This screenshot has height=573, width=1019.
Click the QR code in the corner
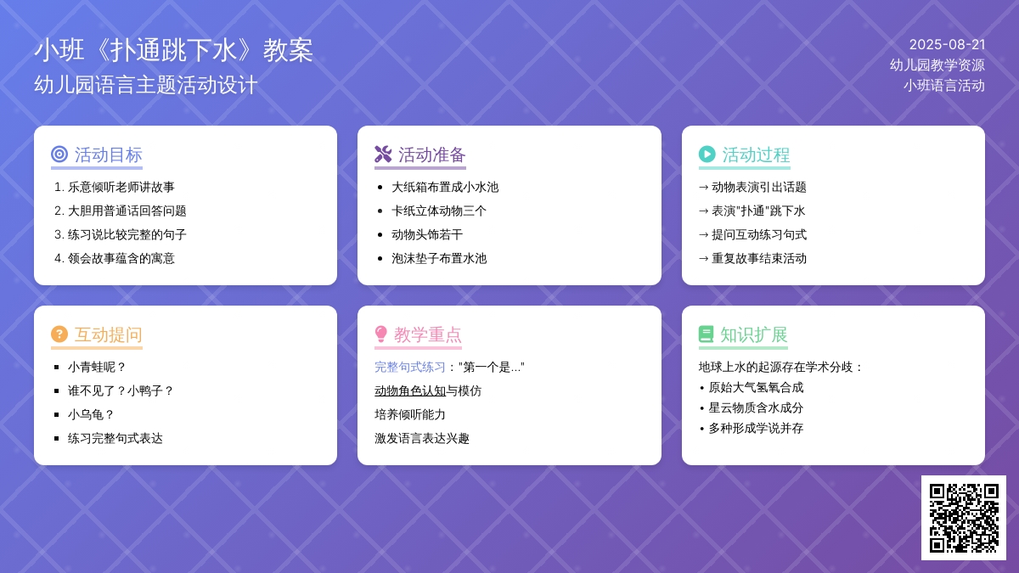pos(964,518)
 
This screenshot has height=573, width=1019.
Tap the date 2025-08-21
pos(947,44)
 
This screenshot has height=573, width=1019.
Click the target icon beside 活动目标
pos(59,154)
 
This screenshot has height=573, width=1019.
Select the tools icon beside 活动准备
pos(383,154)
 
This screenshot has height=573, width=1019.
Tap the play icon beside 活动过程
pos(707,154)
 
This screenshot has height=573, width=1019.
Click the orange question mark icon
pos(59,334)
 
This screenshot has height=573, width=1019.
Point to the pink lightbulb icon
pos(380,334)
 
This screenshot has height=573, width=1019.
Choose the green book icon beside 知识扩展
pos(706,334)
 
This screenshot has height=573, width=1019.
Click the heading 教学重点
pos(428,334)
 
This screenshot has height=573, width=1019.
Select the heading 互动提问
pos(109,334)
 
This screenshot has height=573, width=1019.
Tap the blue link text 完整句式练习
pos(410,367)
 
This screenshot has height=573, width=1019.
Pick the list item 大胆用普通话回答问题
pos(127,211)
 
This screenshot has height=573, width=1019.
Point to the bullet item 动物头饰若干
pos(427,234)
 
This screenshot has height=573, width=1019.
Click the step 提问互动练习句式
pos(759,234)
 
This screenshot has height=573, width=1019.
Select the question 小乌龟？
pos(91,415)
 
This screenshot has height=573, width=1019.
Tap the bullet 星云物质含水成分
pos(756,408)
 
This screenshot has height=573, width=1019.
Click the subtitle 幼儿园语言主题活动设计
pos(146,85)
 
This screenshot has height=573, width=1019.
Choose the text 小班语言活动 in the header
pos(944,86)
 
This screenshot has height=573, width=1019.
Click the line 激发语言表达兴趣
pos(422,438)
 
